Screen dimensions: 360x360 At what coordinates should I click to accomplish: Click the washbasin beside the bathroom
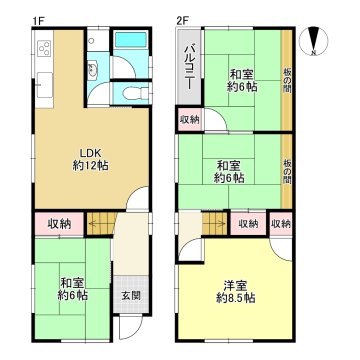(x=93, y=70)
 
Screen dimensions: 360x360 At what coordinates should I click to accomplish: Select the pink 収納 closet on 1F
(x=59, y=223)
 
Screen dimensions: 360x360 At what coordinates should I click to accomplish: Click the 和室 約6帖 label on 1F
(x=69, y=288)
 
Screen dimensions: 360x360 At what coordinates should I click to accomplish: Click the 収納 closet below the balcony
(x=190, y=119)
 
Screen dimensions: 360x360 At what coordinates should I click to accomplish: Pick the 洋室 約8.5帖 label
(x=235, y=290)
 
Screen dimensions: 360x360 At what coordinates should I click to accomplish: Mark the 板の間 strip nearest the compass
(x=287, y=75)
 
